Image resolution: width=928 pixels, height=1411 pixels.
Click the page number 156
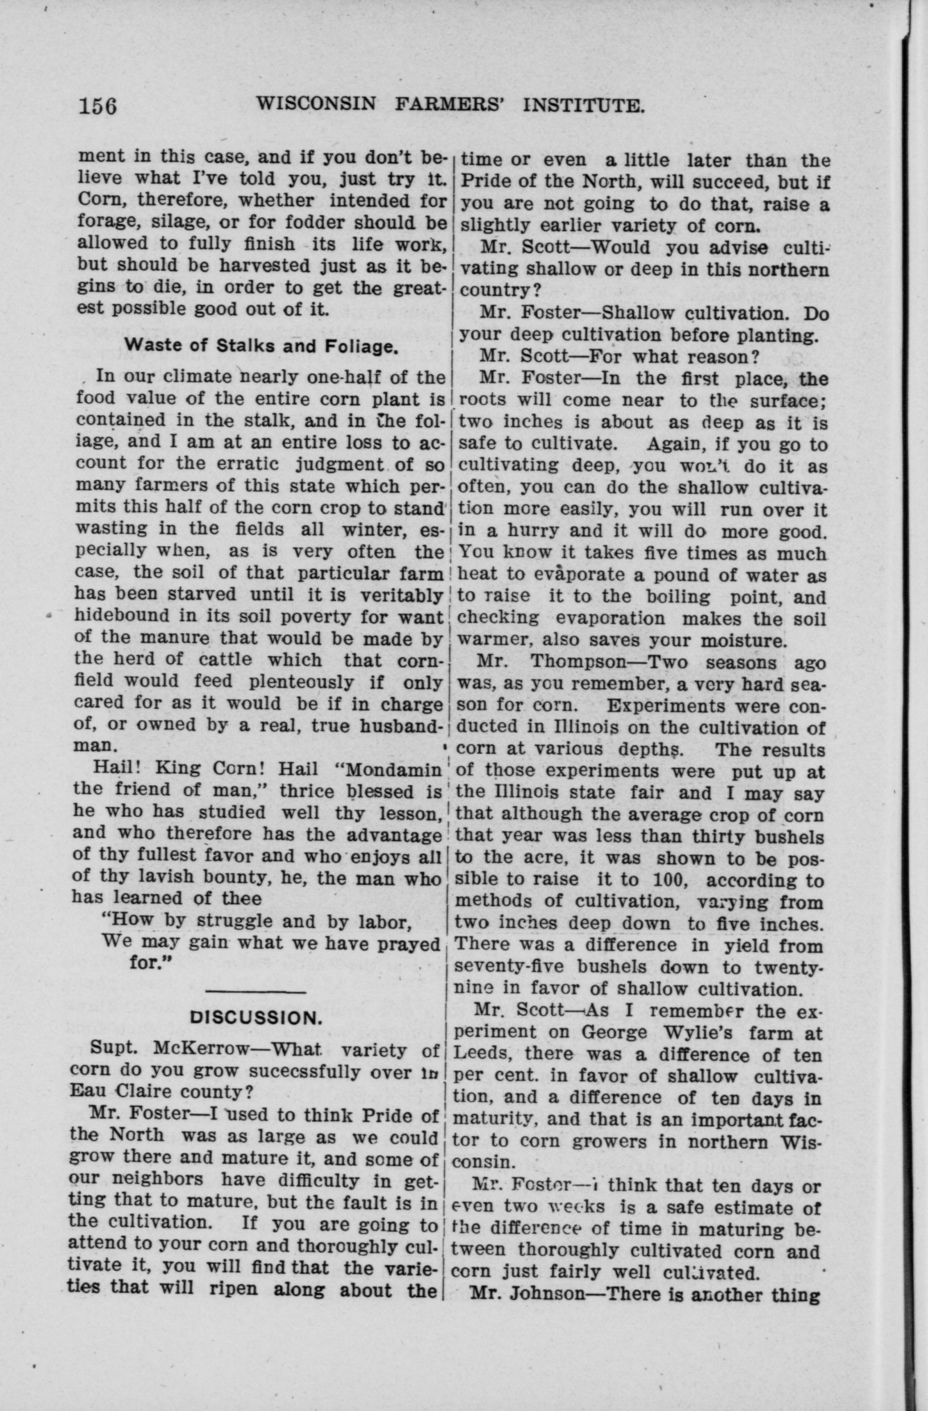point(98,106)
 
